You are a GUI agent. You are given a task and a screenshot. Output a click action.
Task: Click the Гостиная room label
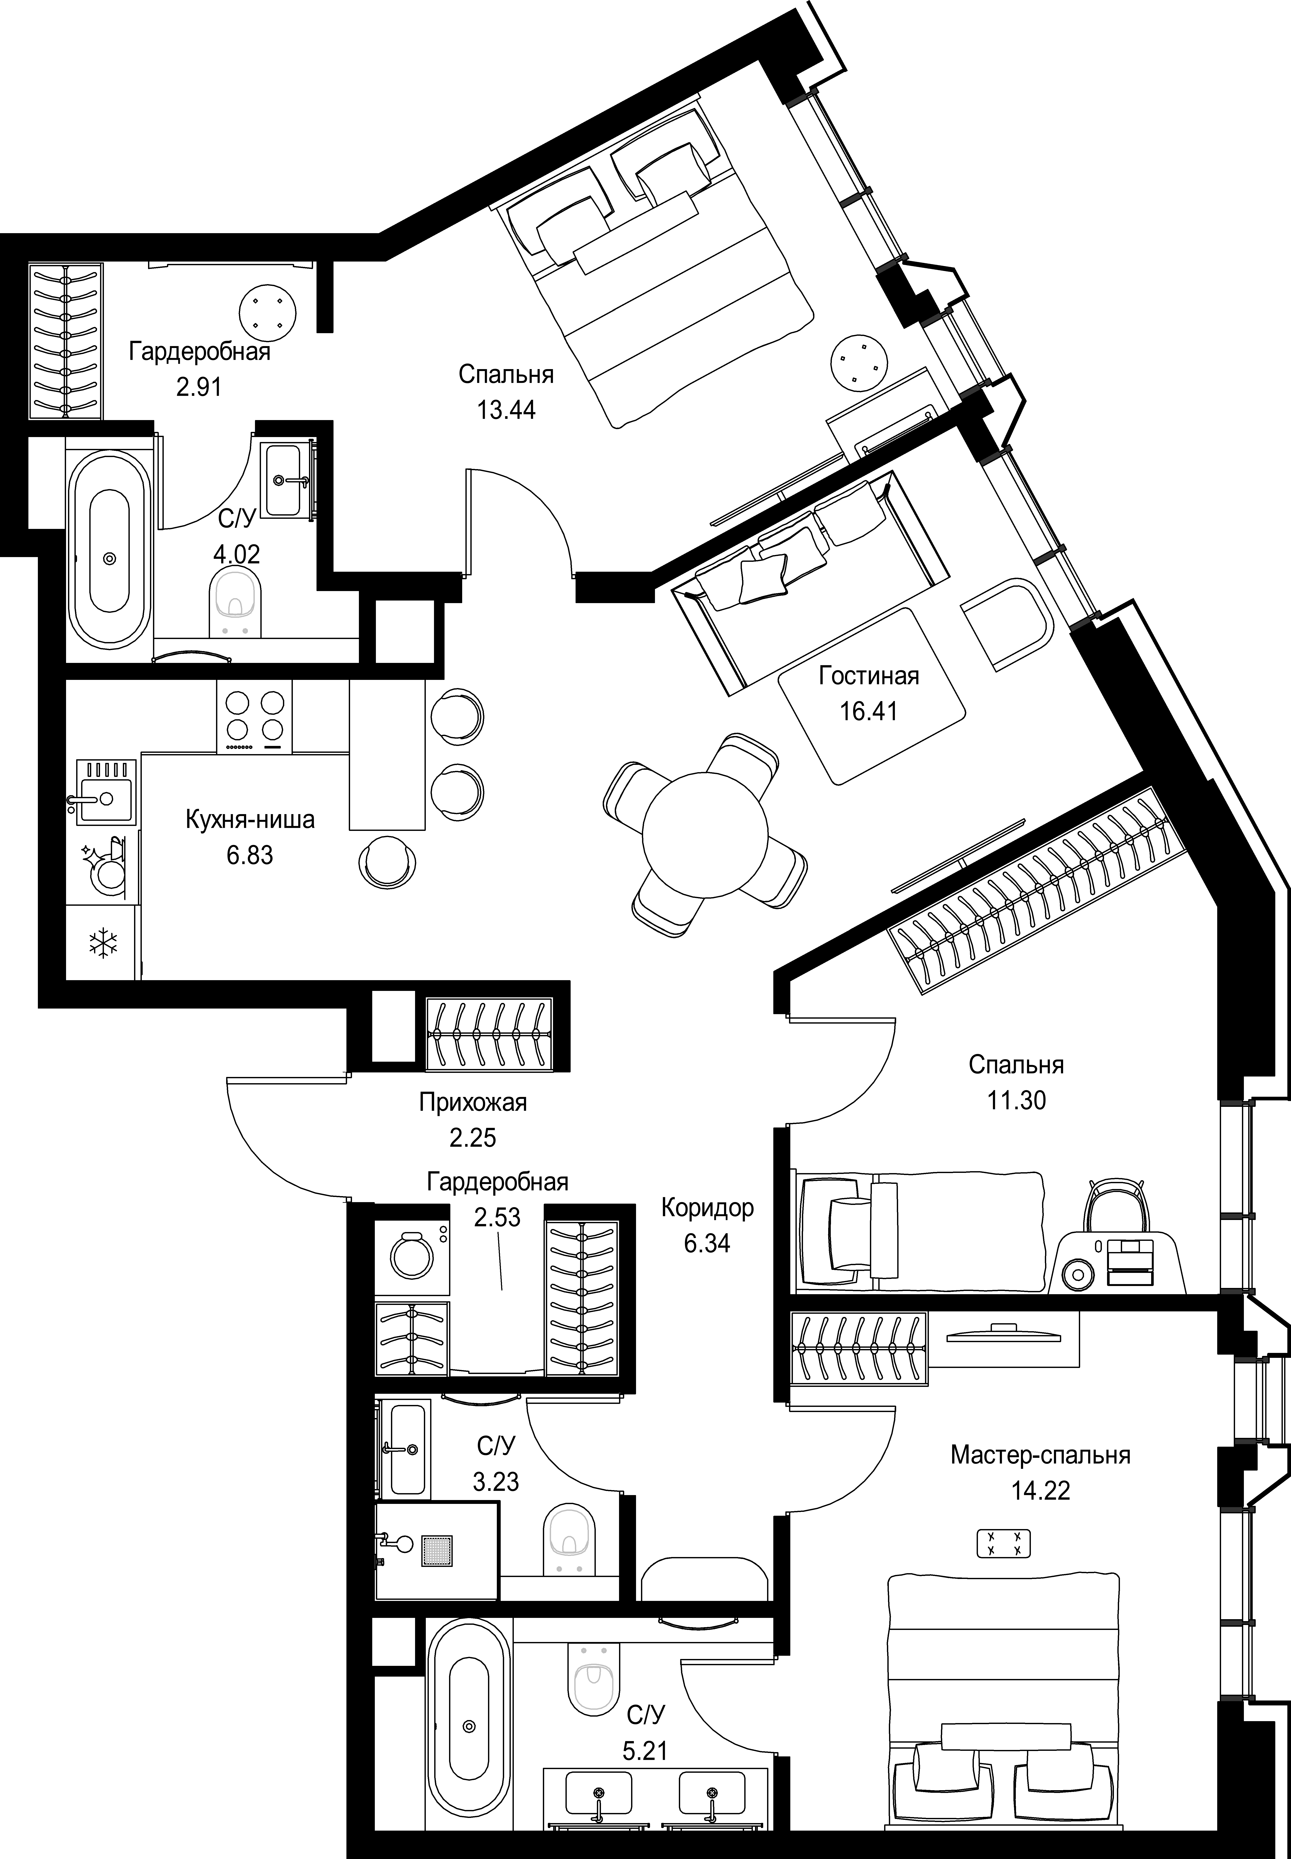[869, 675]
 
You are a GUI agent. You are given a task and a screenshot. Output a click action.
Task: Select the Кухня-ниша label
[250, 820]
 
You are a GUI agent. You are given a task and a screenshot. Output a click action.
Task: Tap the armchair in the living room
[1005, 624]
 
